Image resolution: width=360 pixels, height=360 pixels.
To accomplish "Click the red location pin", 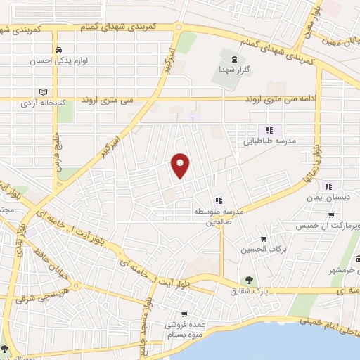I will pyautogui.click(x=181, y=166).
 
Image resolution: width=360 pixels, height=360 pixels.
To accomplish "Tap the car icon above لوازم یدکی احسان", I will pyautogui.click(x=60, y=51).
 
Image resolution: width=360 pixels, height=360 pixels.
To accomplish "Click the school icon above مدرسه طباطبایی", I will pyautogui.click(x=269, y=129).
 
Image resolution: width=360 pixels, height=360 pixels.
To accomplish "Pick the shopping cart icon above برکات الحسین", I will pyautogui.click(x=264, y=238).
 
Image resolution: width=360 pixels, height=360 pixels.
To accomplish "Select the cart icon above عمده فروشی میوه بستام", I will pyautogui.click(x=184, y=314).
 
